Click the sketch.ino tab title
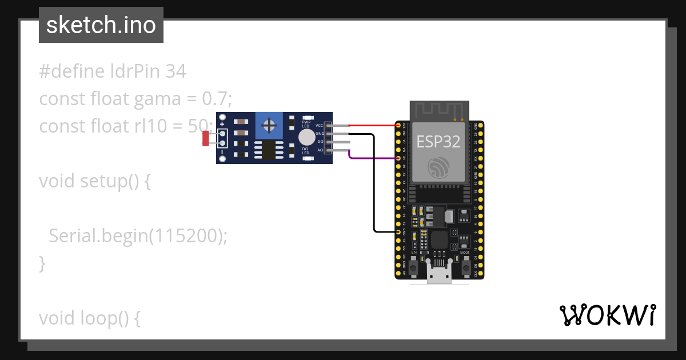tap(101, 25)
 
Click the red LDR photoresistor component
tap(206, 138)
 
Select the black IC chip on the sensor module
tap(267, 150)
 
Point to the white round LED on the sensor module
tap(306, 137)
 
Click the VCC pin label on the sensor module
tap(319, 125)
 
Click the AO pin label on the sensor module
tap(320, 150)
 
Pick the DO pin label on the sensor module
tap(320, 142)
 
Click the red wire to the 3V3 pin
tap(372, 125)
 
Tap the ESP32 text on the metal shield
tap(438, 142)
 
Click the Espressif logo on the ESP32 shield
tap(439, 167)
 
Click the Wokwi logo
tap(607, 315)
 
